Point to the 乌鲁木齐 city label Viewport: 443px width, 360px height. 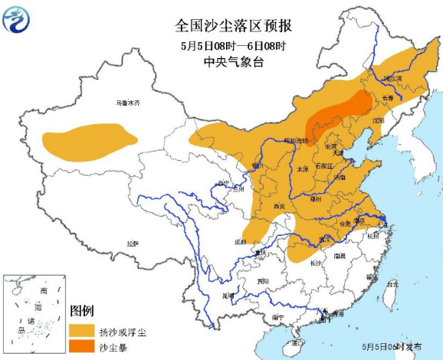tap(129, 103)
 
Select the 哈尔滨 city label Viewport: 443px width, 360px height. tap(392, 79)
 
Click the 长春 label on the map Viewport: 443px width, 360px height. tap(387, 98)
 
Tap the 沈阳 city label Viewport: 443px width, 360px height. tap(378, 120)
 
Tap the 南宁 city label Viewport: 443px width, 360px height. tap(277, 316)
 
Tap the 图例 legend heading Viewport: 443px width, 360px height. tap(81, 312)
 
